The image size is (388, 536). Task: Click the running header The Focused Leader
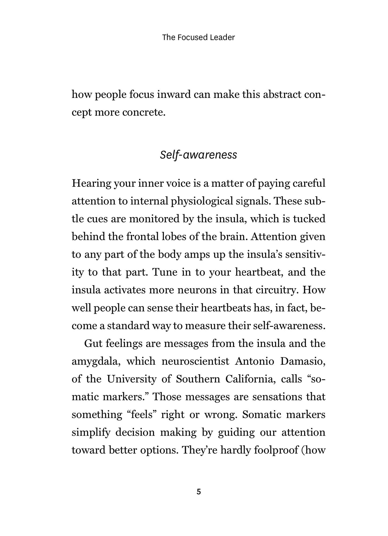pos(198,38)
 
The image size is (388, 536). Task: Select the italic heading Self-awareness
pos(198,155)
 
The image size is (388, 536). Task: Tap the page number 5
pos(199,492)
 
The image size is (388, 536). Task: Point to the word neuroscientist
pos(195,361)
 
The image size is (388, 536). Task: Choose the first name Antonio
pos(255,361)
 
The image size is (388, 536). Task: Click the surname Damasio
pos(303,361)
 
